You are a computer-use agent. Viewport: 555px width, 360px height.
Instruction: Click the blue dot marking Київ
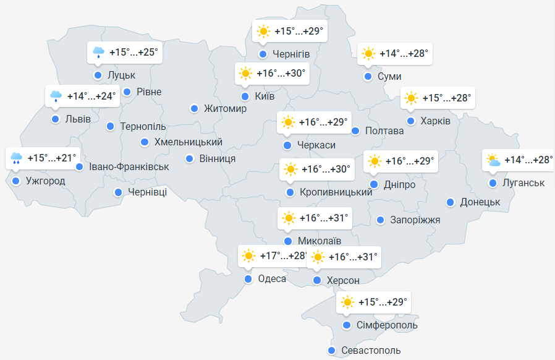[245, 96]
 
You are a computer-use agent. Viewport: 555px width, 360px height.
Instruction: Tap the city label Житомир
[225, 109]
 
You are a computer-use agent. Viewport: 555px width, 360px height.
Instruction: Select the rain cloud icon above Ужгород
[17, 158]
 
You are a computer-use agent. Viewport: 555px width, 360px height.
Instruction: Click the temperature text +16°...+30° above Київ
[281, 74]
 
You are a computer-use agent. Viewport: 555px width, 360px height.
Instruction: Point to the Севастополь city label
[371, 351]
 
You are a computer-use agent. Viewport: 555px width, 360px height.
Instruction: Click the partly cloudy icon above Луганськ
[493, 160]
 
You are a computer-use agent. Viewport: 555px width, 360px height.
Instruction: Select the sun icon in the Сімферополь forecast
[347, 302]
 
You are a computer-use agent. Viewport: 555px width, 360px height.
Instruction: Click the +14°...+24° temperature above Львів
[91, 96]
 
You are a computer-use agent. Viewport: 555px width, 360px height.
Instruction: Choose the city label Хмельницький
[188, 142]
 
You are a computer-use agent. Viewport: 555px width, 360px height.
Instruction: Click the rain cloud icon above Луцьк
[98, 53]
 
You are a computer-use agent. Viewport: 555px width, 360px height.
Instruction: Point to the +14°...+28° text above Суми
[404, 54]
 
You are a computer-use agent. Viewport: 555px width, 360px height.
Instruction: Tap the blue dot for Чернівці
[117, 192]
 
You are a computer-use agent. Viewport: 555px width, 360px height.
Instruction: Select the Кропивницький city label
[336, 193]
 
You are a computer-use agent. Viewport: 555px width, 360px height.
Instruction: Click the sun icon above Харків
[411, 98]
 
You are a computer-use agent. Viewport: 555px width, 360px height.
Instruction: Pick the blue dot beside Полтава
[355, 131]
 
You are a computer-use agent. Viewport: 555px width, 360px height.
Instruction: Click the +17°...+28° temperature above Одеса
[282, 255]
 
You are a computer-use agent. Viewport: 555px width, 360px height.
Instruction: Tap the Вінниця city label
[218, 159]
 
